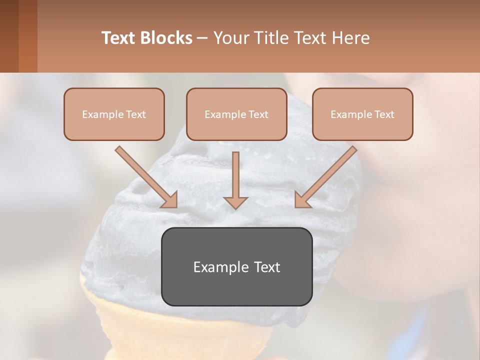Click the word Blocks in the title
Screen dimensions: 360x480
click(x=166, y=38)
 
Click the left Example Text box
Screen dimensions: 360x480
click(x=114, y=114)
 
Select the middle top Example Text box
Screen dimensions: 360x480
click(x=236, y=114)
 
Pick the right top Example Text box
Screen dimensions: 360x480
click(x=362, y=114)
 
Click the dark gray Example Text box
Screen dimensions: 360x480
click(x=236, y=266)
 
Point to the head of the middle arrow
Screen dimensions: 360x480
click(x=235, y=202)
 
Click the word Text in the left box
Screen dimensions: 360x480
click(x=136, y=114)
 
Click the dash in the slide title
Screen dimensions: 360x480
click(x=202, y=38)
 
